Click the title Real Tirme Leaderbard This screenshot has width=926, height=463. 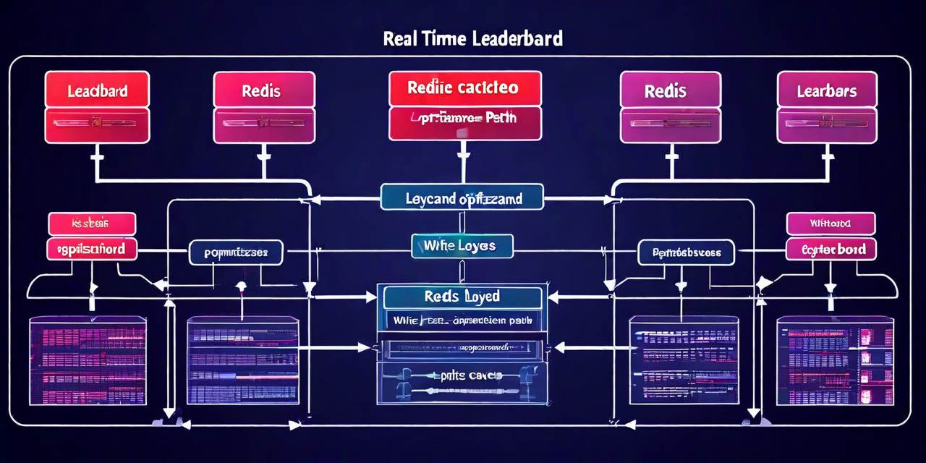click(473, 39)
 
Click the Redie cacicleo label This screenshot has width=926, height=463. click(464, 88)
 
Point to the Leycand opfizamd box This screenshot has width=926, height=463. click(462, 196)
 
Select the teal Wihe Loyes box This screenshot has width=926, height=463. click(462, 246)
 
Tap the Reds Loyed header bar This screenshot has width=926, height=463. click(462, 297)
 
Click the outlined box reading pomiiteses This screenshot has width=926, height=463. click(237, 252)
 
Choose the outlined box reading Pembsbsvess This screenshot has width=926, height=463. click(686, 252)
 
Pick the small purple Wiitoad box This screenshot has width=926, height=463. click(831, 224)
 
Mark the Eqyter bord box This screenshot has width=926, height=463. click(831, 249)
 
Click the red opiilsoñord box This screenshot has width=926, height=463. click(91, 249)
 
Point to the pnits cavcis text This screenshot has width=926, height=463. click(461, 375)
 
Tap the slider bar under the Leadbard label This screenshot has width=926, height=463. click(97, 124)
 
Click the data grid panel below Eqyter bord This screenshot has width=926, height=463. click(834, 360)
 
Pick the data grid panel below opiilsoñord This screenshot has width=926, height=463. click(88, 360)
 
